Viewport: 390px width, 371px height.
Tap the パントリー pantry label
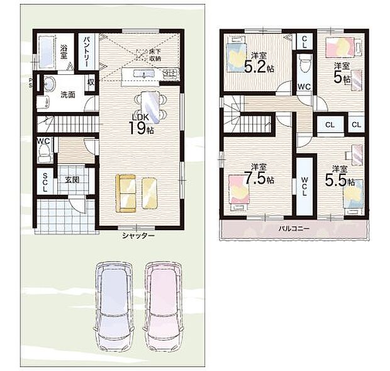pos(87,51)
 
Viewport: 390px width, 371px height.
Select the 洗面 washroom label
pos(68,96)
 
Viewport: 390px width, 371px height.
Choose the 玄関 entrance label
pos(72,180)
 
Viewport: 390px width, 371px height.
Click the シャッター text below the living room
pos(138,235)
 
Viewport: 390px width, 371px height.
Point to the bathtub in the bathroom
pos(47,48)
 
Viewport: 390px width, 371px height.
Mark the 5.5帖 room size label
pos(339,177)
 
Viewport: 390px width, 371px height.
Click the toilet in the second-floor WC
pos(304,62)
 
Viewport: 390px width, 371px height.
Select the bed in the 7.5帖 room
pos(239,191)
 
